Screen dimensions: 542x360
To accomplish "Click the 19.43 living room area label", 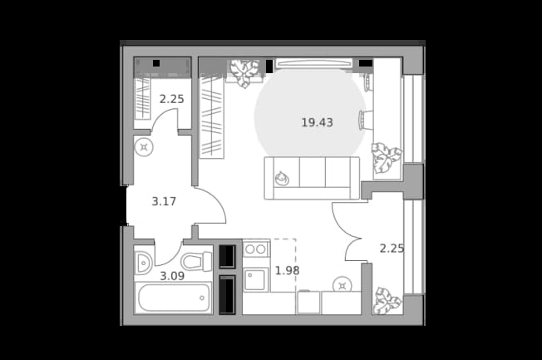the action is (x=317, y=122).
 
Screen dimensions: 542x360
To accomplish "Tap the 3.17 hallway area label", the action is (x=164, y=201).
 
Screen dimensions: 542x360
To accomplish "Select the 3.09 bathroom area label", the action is (x=172, y=276).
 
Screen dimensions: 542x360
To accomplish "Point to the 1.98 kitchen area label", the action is (x=287, y=270).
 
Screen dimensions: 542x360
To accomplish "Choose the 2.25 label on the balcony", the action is (x=392, y=249).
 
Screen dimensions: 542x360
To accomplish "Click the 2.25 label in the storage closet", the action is (x=171, y=99).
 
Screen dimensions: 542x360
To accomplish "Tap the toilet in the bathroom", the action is (x=196, y=261).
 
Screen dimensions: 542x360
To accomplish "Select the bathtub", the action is (x=174, y=298).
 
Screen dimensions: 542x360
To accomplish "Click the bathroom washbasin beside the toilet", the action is (x=143, y=263).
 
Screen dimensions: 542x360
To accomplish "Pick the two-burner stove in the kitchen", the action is (x=256, y=249).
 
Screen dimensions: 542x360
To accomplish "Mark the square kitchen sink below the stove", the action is (x=256, y=279).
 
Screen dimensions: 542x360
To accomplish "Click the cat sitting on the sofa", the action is (x=282, y=178).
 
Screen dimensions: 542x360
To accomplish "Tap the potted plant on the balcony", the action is (x=387, y=301).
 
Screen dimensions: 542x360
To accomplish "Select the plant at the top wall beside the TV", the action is (x=244, y=73).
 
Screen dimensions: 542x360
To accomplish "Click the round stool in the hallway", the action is (x=144, y=148).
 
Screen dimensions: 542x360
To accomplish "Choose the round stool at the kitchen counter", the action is (x=342, y=286).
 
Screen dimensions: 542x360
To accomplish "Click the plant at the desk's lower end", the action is (x=387, y=158).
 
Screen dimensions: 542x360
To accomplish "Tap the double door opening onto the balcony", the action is (x=347, y=232).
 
